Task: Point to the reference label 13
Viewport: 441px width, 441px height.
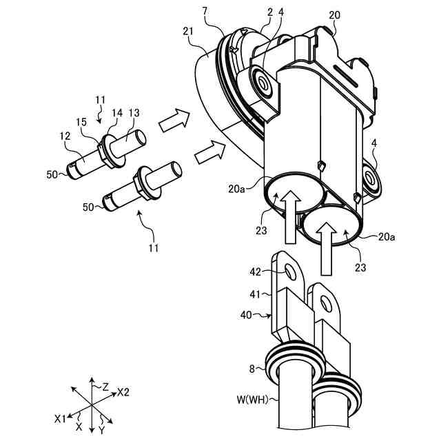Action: click(134, 113)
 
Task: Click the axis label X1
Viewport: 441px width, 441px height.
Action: click(61, 418)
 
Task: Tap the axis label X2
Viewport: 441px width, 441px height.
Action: click(123, 391)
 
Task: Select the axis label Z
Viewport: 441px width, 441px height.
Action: click(105, 387)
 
